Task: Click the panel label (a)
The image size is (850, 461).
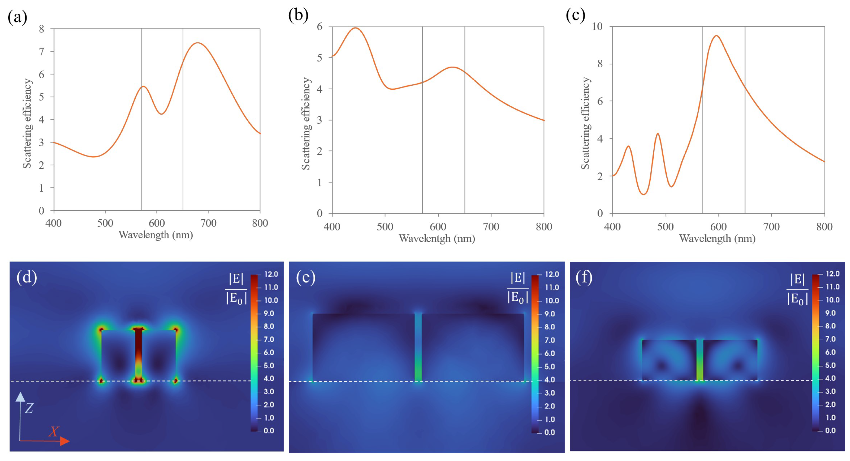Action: [17, 17]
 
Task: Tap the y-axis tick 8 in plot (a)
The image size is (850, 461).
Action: [41, 29]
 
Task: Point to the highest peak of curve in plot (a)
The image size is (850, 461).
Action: [197, 43]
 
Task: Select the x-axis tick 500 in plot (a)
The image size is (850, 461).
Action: [105, 223]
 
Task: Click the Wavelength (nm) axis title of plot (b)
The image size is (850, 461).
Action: [437, 238]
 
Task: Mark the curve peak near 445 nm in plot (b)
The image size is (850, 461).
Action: [355, 28]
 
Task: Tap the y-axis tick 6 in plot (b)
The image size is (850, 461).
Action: [320, 26]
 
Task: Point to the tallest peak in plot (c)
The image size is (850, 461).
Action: [716, 36]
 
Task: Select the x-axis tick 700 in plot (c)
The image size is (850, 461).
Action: [771, 227]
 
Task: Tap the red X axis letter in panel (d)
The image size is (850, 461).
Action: [54, 432]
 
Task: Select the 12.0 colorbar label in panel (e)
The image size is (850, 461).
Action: [552, 274]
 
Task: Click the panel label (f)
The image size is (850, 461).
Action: [584, 277]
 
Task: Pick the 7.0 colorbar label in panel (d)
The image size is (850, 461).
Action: [268, 339]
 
